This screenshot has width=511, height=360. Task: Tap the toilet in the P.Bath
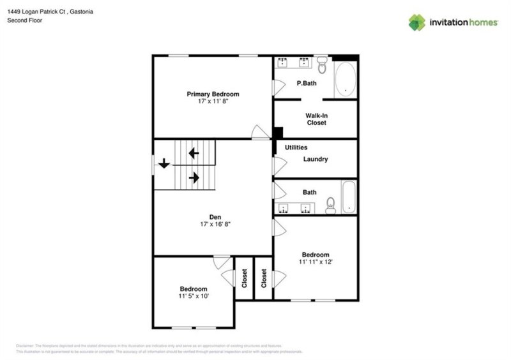322,64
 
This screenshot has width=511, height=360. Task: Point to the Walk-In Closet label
316,119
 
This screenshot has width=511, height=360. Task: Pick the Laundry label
316,159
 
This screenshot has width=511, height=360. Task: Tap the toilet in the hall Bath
331,204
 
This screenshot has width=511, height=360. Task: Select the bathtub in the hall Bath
349,198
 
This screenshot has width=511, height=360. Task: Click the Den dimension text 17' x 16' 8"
213,224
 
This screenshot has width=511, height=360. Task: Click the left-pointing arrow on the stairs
193,153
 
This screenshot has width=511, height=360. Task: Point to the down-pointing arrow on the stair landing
164,163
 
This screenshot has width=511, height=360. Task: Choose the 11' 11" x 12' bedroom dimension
316,261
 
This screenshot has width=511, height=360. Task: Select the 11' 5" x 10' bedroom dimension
193,296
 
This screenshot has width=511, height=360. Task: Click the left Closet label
245,278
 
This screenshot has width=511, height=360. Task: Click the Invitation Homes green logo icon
417,22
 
